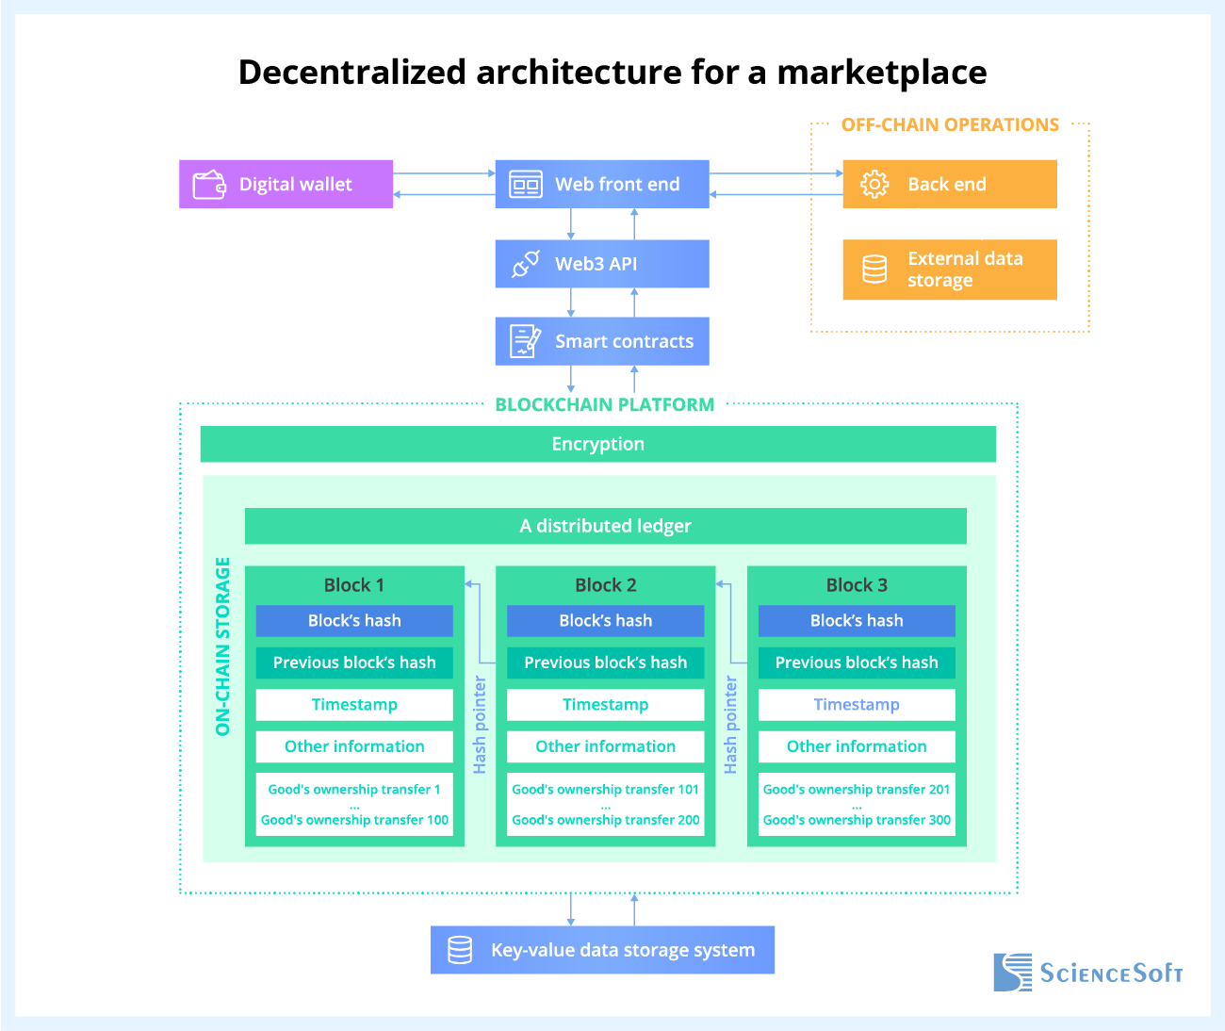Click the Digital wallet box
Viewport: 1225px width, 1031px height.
point(286,184)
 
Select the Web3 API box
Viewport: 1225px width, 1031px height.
point(602,264)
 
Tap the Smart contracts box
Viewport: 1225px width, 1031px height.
point(602,341)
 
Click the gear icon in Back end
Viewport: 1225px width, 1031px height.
point(874,184)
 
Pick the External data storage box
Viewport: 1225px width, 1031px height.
point(950,270)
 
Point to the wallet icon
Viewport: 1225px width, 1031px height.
point(209,185)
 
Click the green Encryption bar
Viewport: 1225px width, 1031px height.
point(597,444)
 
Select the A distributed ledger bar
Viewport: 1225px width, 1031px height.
point(605,526)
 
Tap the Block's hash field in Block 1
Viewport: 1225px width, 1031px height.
point(354,621)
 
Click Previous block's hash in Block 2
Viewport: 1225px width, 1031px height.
point(605,663)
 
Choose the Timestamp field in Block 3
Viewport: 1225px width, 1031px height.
point(857,705)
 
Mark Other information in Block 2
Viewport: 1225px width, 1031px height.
point(605,746)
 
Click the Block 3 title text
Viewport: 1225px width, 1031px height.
point(857,585)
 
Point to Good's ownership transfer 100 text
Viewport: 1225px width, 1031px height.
point(354,820)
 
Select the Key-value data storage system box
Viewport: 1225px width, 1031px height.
point(602,950)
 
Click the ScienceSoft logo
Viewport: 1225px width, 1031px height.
point(1088,973)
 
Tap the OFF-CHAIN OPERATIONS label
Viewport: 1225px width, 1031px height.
point(950,124)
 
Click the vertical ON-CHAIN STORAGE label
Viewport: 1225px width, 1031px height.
point(223,646)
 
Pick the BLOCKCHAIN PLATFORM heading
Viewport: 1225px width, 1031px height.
point(605,404)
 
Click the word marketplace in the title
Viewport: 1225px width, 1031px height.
point(881,73)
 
